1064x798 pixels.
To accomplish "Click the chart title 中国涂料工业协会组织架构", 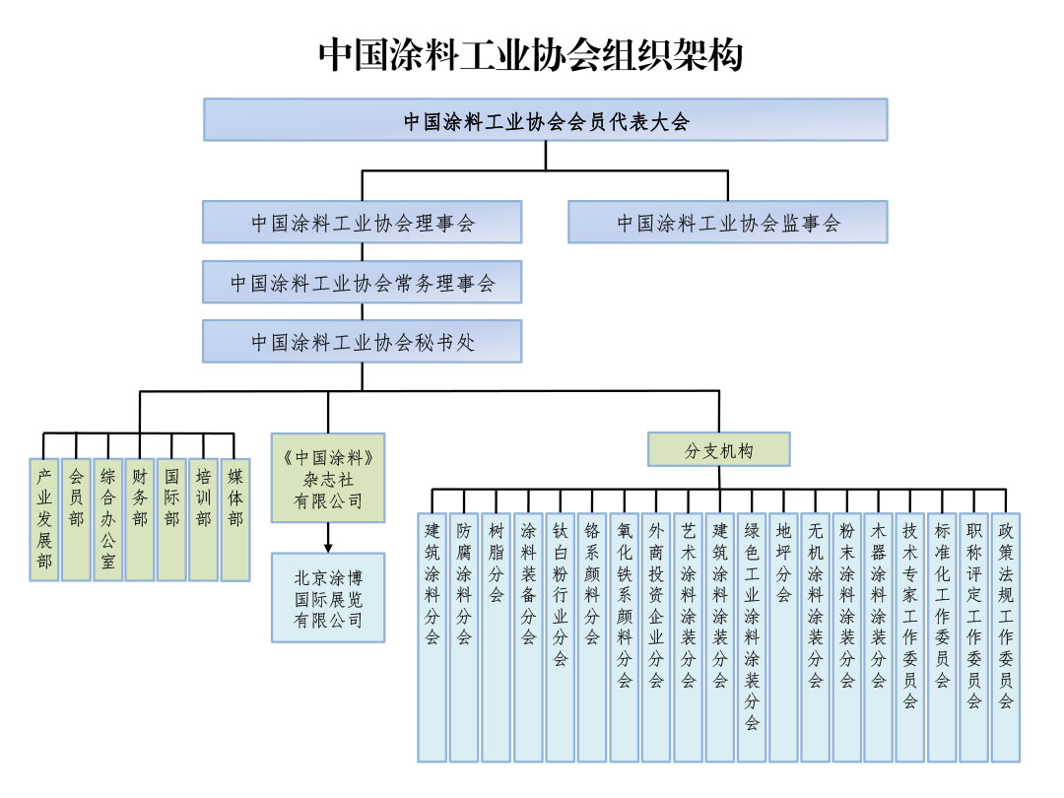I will coord(531,55).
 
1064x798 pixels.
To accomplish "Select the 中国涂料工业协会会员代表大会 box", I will coord(546,120).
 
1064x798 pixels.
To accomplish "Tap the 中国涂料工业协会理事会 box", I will coord(362,223).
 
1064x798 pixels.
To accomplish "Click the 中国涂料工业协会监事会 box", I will coord(727,223).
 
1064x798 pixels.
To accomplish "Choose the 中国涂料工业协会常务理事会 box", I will coord(362,284).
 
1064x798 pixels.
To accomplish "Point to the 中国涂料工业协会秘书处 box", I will coord(362,342).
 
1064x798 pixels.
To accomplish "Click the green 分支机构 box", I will coord(719,449).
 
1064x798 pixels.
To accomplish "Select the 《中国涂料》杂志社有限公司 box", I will coord(328,478).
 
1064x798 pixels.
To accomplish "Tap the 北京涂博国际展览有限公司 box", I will coord(328,597).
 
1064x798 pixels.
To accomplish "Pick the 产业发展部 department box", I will coord(44,519).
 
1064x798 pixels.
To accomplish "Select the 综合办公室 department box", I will coord(108,519).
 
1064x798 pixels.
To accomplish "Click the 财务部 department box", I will coord(140,519).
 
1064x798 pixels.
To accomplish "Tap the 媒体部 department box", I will coord(235,519).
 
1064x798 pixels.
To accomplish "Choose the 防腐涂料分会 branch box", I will coord(464,636).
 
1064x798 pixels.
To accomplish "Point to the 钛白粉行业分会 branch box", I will coord(560,636).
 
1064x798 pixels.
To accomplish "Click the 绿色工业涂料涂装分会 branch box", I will coord(752,636).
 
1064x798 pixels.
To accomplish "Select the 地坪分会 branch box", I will coord(783,636).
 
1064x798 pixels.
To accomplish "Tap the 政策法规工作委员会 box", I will coord(1005,636).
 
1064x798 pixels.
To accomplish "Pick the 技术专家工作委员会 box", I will coord(909,636).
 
